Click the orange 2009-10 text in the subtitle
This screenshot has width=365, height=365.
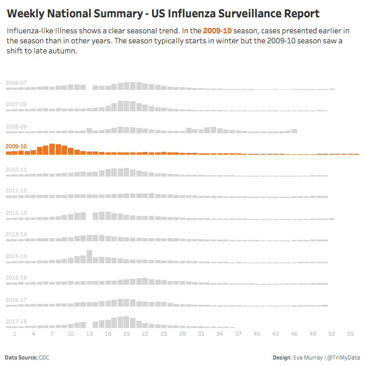[x=217, y=31]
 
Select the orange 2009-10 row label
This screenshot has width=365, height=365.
[x=16, y=146]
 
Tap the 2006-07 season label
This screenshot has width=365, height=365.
[x=16, y=83]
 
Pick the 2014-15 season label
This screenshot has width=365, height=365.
[x=16, y=256]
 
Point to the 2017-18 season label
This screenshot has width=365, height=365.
[x=16, y=321]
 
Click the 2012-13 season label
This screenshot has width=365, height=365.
[x=16, y=213]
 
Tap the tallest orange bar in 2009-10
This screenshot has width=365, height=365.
[x=52, y=149]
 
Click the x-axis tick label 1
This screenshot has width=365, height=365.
[x=15, y=334]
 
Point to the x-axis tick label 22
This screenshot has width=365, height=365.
[x=145, y=334]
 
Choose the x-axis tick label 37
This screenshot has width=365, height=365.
[x=238, y=334]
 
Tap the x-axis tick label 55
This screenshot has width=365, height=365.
[x=350, y=334]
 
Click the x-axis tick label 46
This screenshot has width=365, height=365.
[x=294, y=334]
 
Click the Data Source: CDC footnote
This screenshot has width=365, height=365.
[x=27, y=358]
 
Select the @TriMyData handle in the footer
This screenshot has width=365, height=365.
[x=344, y=358]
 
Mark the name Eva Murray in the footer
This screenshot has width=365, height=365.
[x=308, y=358]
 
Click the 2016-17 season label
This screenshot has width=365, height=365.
[x=16, y=300]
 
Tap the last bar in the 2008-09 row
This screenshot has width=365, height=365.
[x=294, y=131]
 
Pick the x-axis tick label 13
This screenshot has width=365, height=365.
[x=89, y=334]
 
